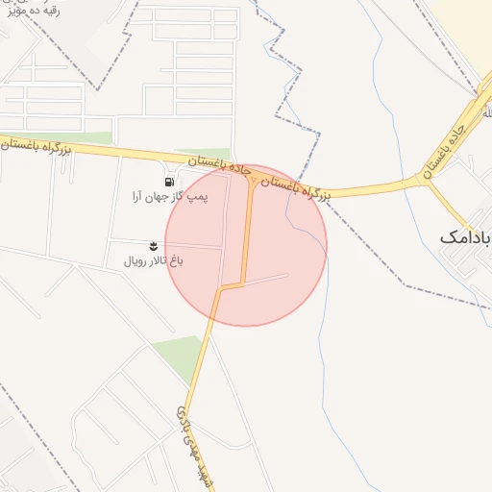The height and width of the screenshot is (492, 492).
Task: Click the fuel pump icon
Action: (169, 182)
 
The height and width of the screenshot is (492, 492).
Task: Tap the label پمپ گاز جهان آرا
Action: (169, 197)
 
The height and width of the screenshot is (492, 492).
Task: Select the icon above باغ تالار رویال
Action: (155, 247)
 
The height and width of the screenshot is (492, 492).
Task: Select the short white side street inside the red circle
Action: (264, 280)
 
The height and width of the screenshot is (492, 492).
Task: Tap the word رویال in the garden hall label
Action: (135, 261)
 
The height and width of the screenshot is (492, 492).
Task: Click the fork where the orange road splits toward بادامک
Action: (427, 181)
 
